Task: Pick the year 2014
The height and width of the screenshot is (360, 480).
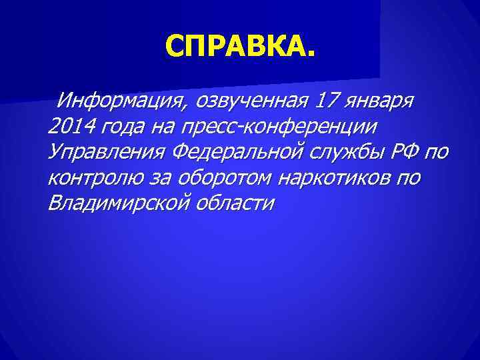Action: point(71,127)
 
